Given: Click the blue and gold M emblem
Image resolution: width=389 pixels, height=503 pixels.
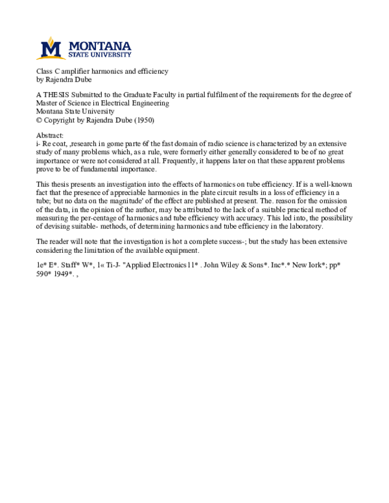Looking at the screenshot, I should click(51, 49).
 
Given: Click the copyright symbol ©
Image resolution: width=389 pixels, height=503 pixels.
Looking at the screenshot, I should click(40, 120).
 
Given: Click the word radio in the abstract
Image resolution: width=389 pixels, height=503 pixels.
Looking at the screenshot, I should click(215, 143).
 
